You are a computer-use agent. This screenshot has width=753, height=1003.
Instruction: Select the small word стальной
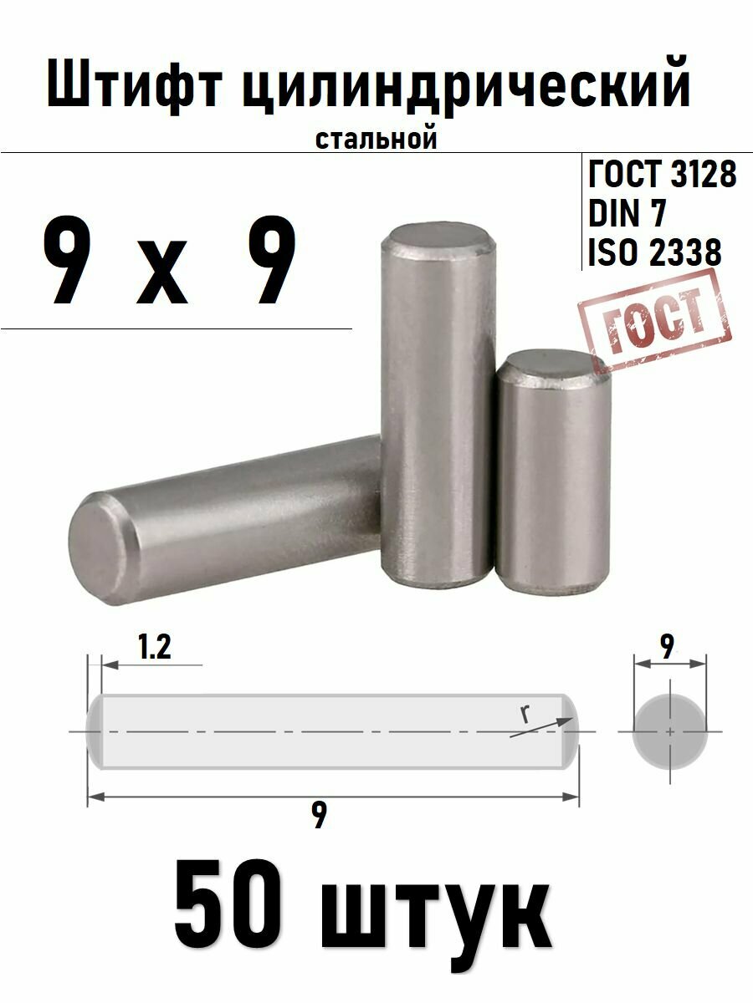click(376, 139)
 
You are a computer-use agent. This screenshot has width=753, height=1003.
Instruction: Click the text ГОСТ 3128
click(663, 176)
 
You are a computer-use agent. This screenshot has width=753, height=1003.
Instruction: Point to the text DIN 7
click(627, 215)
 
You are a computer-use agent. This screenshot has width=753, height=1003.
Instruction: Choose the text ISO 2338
click(654, 253)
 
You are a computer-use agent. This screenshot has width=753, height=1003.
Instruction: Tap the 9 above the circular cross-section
click(667, 645)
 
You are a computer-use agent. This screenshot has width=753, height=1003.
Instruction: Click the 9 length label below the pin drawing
click(319, 814)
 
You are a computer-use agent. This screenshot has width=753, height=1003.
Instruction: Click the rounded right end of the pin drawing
click(568, 731)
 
